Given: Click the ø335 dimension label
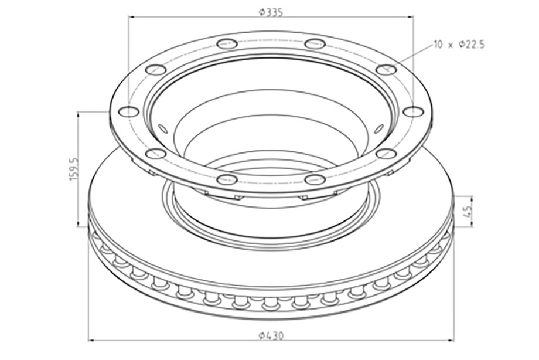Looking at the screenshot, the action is coord(271,12).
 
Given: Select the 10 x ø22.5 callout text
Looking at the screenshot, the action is coord(459,45).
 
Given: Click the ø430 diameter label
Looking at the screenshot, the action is coord(272,336).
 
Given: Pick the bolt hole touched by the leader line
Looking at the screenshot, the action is coord(386,69).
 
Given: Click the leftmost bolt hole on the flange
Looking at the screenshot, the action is coord(128,111).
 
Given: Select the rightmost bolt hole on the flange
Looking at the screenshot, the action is coord(413,111).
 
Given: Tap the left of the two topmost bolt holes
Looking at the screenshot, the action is coord(227,44).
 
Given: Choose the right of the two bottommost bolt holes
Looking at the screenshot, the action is coord(315,179).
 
